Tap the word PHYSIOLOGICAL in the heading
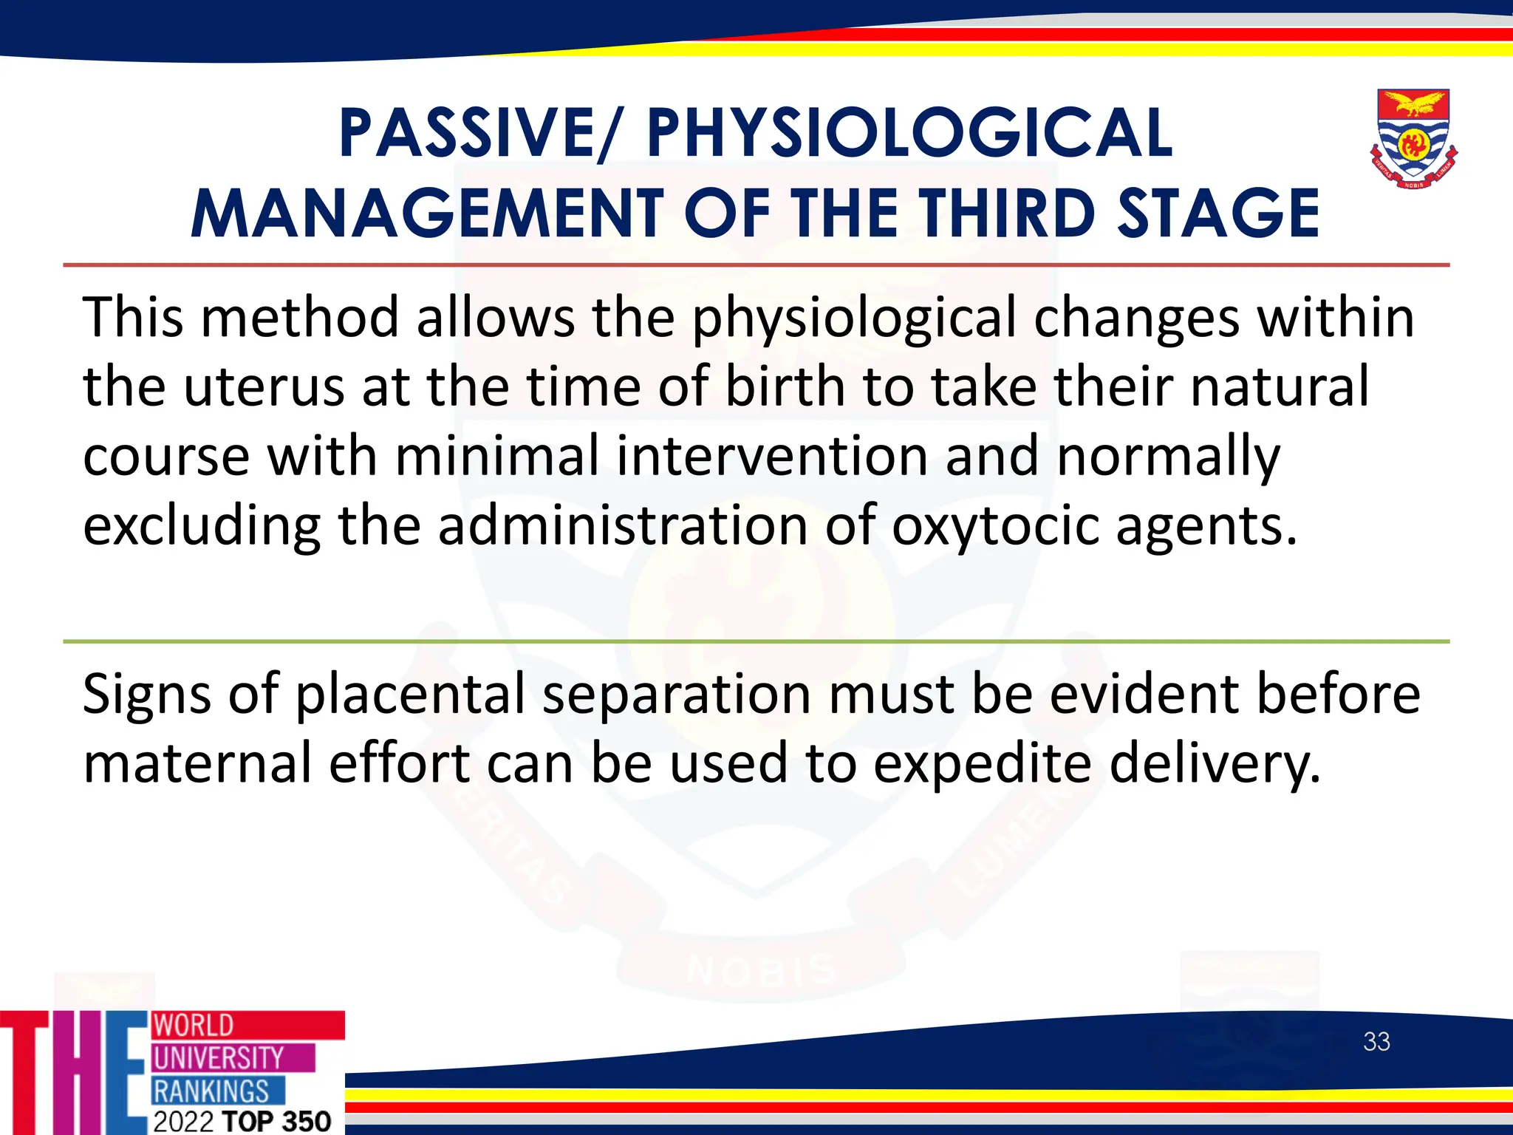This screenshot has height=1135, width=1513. pyautogui.click(x=909, y=134)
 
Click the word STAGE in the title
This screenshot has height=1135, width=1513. pyautogui.click(x=1218, y=214)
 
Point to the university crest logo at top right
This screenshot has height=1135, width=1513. pyautogui.click(x=1413, y=139)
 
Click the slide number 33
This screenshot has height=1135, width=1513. pyautogui.click(x=1376, y=1042)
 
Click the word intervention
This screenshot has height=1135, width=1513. pyautogui.click(x=772, y=457)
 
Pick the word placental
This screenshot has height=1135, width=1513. pyautogui.click(x=410, y=695)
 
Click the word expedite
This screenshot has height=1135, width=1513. pyautogui.click(x=982, y=764)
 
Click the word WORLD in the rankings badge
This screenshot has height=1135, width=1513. pyautogui.click(x=194, y=1026)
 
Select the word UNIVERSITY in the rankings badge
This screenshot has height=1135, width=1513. pyautogui.click(x=219, y=1058)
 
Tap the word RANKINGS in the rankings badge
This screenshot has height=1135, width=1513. pyautogui.click(x=211, y=1091)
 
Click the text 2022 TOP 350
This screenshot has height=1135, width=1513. pyautogui.click(x=242, y=1121)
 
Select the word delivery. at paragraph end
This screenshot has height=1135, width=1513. pyautogui.click(x=1215, y=764)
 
